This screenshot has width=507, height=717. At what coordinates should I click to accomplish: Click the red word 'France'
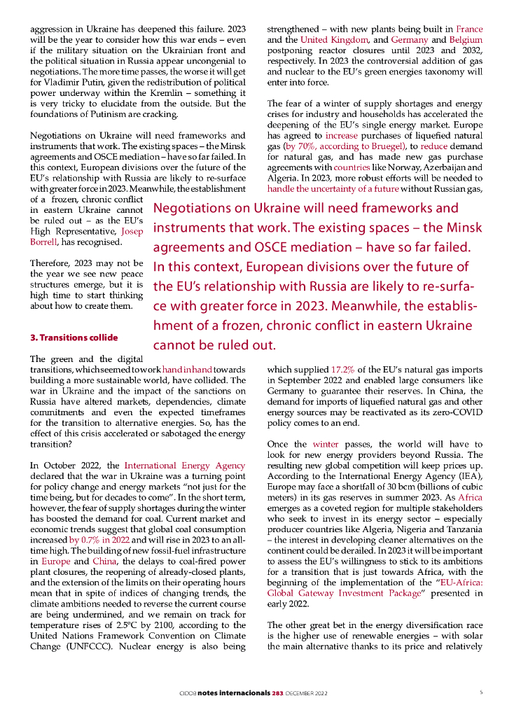click(469, 30)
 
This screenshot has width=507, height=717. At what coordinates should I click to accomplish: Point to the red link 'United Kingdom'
click(331, 40)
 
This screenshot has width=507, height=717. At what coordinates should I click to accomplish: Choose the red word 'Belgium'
click(466, 40)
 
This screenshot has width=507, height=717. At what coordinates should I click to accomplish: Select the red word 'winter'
click(326, 444)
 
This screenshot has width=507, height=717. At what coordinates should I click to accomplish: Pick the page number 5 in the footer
click(481, 692)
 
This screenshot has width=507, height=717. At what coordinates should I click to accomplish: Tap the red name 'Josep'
click(132, 230)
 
